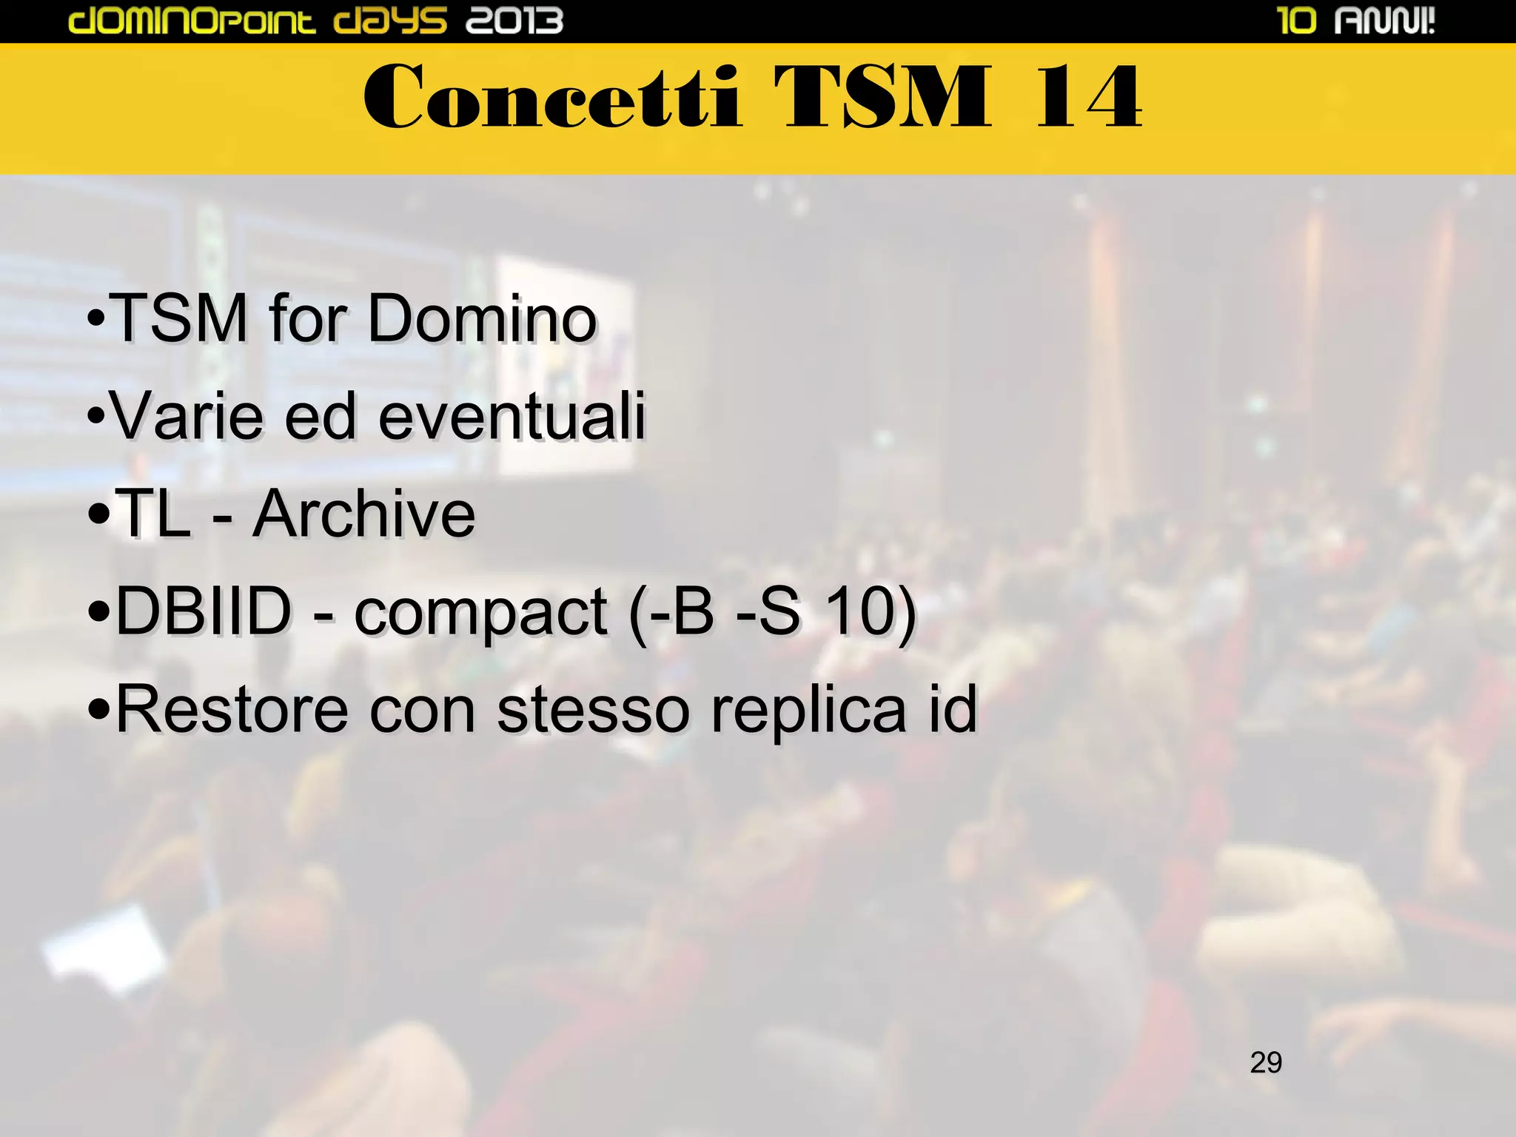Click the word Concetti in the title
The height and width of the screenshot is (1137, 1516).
[x=551, y=97]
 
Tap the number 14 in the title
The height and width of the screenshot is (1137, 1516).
[x=1088, y=97]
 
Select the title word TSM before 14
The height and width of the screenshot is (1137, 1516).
[x=882, y=97]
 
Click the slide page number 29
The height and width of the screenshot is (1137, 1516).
[x=1266, y=1062]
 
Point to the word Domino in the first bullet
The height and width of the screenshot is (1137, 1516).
[x=482, y=318]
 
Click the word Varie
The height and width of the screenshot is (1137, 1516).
[x=187, y=416]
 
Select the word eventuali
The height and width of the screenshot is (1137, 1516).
[x=512, y=416]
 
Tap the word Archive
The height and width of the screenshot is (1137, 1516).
[x=363, y=514]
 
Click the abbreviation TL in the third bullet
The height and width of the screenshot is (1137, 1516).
[x=153, y=514]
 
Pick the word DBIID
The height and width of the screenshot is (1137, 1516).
[x=204, y=611]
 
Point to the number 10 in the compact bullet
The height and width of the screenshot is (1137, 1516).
[x=859, y=611]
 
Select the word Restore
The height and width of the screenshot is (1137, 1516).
[x=232, y=709]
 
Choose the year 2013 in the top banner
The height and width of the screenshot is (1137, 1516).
[x=514, y=21]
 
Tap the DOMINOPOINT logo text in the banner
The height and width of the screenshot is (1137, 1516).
[x=192, y=21]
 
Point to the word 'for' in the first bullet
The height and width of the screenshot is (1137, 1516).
[x=308, y=318]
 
